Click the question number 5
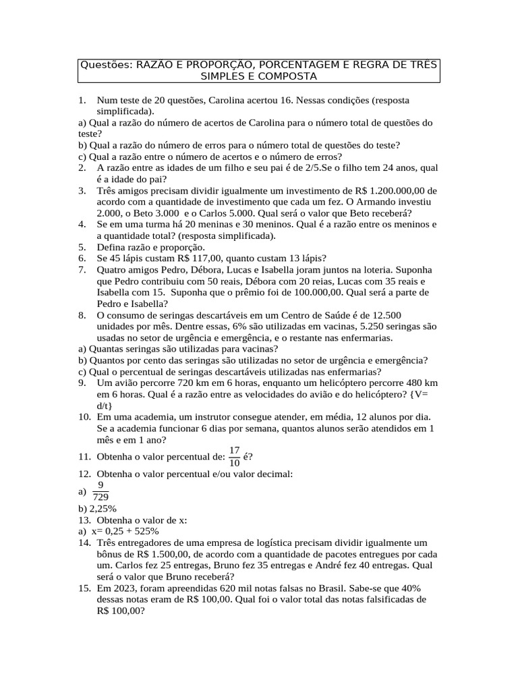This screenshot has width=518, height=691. (82, 248)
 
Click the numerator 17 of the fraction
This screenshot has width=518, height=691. (235, 450)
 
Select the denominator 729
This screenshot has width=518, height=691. (100, 497)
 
